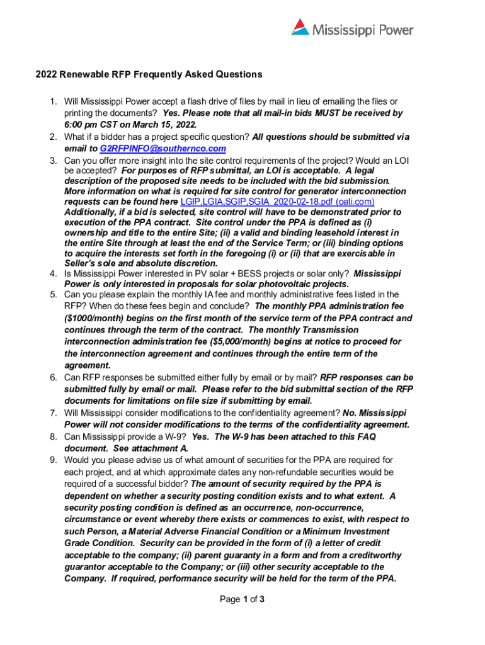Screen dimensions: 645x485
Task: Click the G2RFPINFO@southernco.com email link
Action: [x=163, y=149]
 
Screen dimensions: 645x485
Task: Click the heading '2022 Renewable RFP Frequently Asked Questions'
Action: [x=149, y=74]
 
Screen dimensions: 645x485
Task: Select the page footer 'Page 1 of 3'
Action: [x=242, y=599]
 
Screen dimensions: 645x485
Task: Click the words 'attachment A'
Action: [x=157, y=448]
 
